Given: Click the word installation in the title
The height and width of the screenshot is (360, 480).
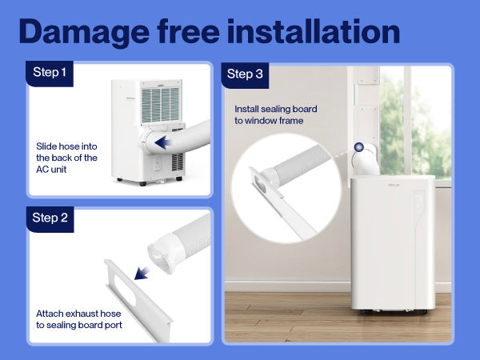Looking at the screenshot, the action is click(314, 31).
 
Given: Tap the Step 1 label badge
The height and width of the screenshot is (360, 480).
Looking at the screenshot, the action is click(50, 74).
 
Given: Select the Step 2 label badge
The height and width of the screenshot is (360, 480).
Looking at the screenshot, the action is click(50, 219).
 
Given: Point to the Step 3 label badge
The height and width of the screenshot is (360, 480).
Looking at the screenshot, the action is click(245, 75).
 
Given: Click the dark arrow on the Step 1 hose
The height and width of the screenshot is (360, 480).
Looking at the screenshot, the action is click(163, 142).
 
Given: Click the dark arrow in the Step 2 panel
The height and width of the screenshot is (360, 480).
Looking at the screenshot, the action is click(142, 273).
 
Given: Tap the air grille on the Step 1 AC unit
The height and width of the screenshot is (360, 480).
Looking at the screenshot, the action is click(160, 105).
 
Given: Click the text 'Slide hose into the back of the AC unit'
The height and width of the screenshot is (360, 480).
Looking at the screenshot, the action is click(66, 158).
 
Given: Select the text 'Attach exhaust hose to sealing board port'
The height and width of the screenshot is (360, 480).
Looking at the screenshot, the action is click(79, 319).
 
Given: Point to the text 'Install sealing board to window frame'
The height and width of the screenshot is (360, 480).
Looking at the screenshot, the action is click(276, 114).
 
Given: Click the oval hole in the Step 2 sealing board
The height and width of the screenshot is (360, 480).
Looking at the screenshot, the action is click(125, 290).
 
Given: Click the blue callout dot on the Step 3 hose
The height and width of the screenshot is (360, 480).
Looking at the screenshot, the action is click(359, 147).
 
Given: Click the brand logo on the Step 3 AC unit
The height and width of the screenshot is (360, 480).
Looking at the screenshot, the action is click(394, 185).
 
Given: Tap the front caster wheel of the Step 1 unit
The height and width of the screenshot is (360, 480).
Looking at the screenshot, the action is click(142, 184).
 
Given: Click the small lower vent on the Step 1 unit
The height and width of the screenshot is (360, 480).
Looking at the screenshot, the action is click(178, 162).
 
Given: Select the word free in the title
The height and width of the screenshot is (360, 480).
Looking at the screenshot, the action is click(189, 31).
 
